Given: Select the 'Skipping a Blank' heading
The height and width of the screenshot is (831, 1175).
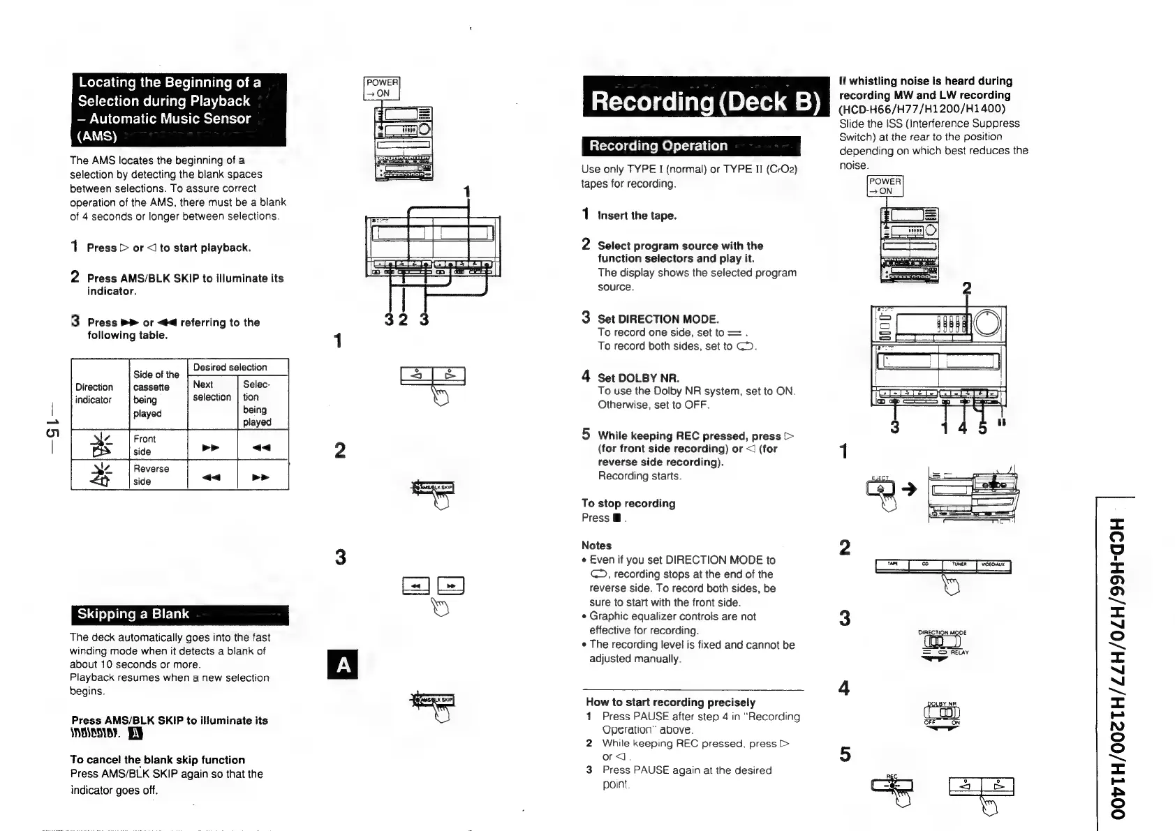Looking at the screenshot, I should (x=133, y=614).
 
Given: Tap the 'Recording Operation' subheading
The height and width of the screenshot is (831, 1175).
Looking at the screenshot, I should (x=658, y=146).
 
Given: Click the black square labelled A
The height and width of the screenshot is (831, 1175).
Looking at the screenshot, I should (x=343, y=665).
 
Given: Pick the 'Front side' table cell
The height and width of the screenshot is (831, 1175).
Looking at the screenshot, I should (x=145, y=445).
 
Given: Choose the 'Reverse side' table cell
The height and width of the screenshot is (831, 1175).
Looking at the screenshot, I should (x=151, y=475).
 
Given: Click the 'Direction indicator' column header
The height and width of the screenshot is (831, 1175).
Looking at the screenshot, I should (x=94, y=394).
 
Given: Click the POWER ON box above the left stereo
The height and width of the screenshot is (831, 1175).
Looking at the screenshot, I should (x=382, y=89).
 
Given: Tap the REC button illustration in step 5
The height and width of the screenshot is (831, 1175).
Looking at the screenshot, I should (x=892, y=787).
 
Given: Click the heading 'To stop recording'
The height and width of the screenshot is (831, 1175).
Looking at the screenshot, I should (x=628, y=503).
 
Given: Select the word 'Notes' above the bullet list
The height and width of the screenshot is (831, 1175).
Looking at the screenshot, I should (x=596, y=546).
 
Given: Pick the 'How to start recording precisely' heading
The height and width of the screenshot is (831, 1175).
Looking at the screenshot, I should (x=670, y=702).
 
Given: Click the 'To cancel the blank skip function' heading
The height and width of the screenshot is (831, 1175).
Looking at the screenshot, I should (x=157, y=760).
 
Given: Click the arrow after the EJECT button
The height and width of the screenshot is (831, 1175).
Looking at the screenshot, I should (x=908, y=489).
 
